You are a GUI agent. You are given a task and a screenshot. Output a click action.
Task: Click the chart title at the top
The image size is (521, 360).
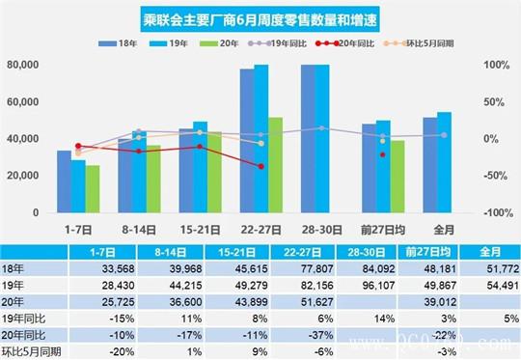(260, 17)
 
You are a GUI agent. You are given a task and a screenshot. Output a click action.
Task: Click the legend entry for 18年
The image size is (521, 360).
(129, 44)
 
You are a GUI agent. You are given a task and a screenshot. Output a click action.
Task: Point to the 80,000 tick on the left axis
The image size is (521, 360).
(22, 66)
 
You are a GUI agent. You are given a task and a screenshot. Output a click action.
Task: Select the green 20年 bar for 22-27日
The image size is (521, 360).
(275, 164)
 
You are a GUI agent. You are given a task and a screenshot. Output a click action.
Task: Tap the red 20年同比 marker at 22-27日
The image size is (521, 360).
(260, 166)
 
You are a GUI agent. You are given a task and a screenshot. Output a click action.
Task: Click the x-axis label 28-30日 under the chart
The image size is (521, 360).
(321, 231)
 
